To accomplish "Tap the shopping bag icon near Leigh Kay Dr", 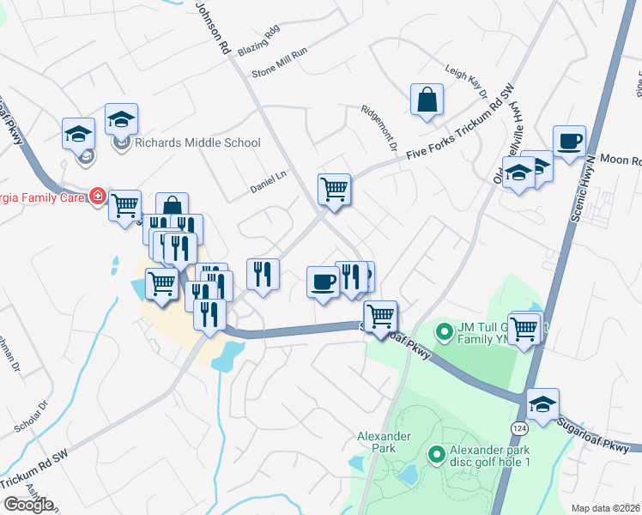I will (x=426, y=100).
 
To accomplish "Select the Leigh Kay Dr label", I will (x=466, y=82).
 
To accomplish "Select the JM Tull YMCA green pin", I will (x=444, y=330).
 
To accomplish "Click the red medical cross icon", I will (x=99, y=197).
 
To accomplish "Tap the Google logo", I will (x=27, y=505).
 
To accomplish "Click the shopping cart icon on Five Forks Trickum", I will (x=334, y=188).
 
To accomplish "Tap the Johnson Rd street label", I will (x=214, y=27).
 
